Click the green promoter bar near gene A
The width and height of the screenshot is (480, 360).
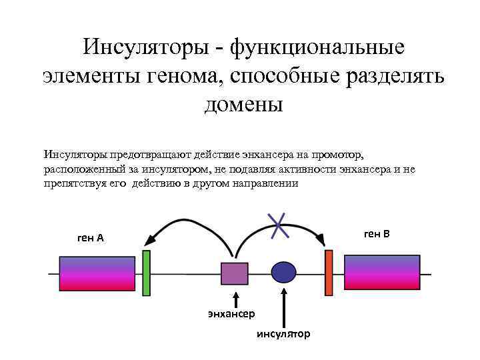click(x=147, y=272)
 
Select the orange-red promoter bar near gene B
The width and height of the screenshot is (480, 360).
click(x=329, y=271)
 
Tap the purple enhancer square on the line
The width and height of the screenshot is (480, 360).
click(x=234, y=273)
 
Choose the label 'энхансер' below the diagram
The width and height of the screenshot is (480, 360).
click(x=235, y=313)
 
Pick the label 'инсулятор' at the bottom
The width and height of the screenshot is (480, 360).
click(x=283, y=333)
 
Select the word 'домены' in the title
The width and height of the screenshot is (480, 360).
click(x=243, y=103)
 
